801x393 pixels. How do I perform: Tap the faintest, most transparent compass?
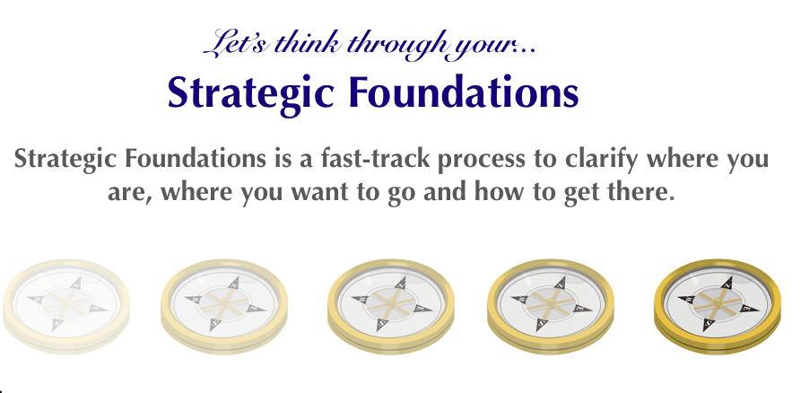coord(66,306)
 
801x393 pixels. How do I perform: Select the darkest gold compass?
coord(718,306)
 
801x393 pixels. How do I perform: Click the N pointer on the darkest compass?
coord(727,284)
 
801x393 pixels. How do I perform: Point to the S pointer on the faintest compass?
coord(57,324)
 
